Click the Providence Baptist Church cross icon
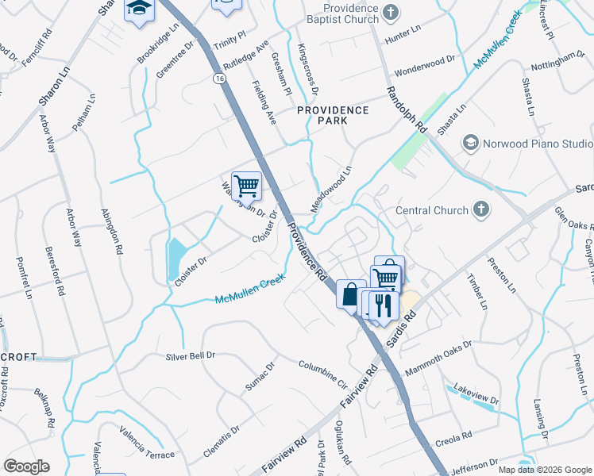[x=390, y=11]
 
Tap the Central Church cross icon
[x=480, y=210]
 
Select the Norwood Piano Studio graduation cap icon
[x=470, y=144]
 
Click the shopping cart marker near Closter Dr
[x=246, y=186]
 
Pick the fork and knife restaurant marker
[x=383, y=305]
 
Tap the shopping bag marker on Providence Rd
[x=350, y=294]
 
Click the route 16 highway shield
[x=218, y=79]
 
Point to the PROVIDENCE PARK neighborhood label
[x=333, y=115]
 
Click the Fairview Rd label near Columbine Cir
[x=357, y=392]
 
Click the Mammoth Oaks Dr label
[x=438, y=359]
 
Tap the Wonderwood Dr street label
[x=427, y=60]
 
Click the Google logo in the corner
[x=25, y=466]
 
